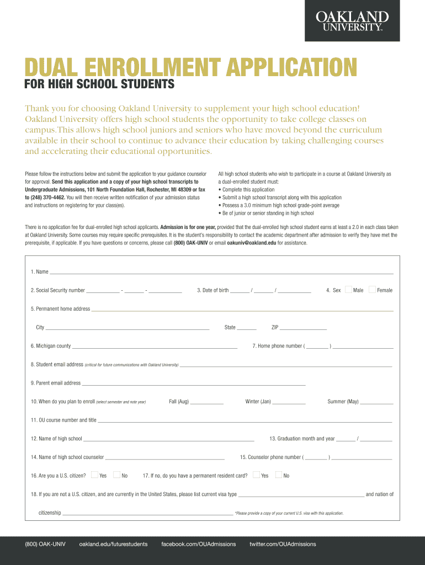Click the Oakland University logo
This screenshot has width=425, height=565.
pyautogui.click(x=352, y=20)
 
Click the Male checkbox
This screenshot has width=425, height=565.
pyautogui.click(x=348, y=289)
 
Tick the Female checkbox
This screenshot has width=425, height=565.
pyautogui.click(x=372, y=289)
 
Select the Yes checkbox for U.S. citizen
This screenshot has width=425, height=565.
pyautogui.click(x=94, y=475)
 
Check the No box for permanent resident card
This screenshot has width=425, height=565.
pyautogui.click(x=278, y=475)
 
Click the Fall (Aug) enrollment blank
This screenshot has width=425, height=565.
pyautogui.click(x=207, y=403)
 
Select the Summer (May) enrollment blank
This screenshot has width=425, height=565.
pyautogui.click(x=376, y=403)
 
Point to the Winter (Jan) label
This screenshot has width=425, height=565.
pyautogui.click(x=258, y=402)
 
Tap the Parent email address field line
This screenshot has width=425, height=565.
pyautogui.click(x=193, y=384)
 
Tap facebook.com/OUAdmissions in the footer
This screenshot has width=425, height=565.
pyautogui.click(x=198, y=544)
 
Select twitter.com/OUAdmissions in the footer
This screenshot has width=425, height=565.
pyautogui.click(x=283, y=544)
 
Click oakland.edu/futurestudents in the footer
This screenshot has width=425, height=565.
pyautogui.click(x=113, y=544)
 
